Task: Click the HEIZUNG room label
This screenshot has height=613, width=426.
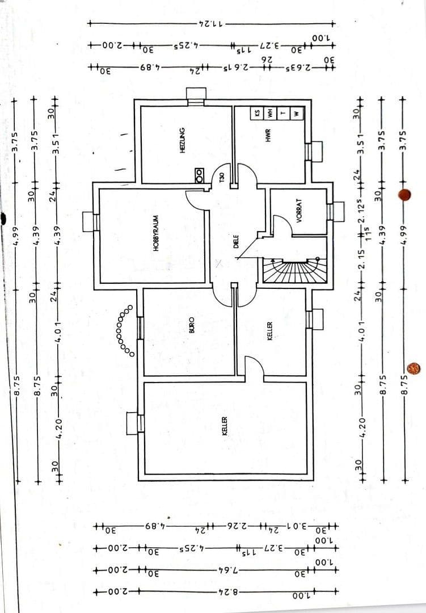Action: point(182,138)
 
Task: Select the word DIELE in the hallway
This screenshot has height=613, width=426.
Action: point(235,242)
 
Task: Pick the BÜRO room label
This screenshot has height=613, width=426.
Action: point(191,325)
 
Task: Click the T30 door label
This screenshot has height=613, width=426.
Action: point(222,180)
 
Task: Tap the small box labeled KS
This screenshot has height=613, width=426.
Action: point(257,113)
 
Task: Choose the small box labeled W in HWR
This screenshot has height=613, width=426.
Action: point(296,113)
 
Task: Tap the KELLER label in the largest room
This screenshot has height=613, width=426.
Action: point(225,425)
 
